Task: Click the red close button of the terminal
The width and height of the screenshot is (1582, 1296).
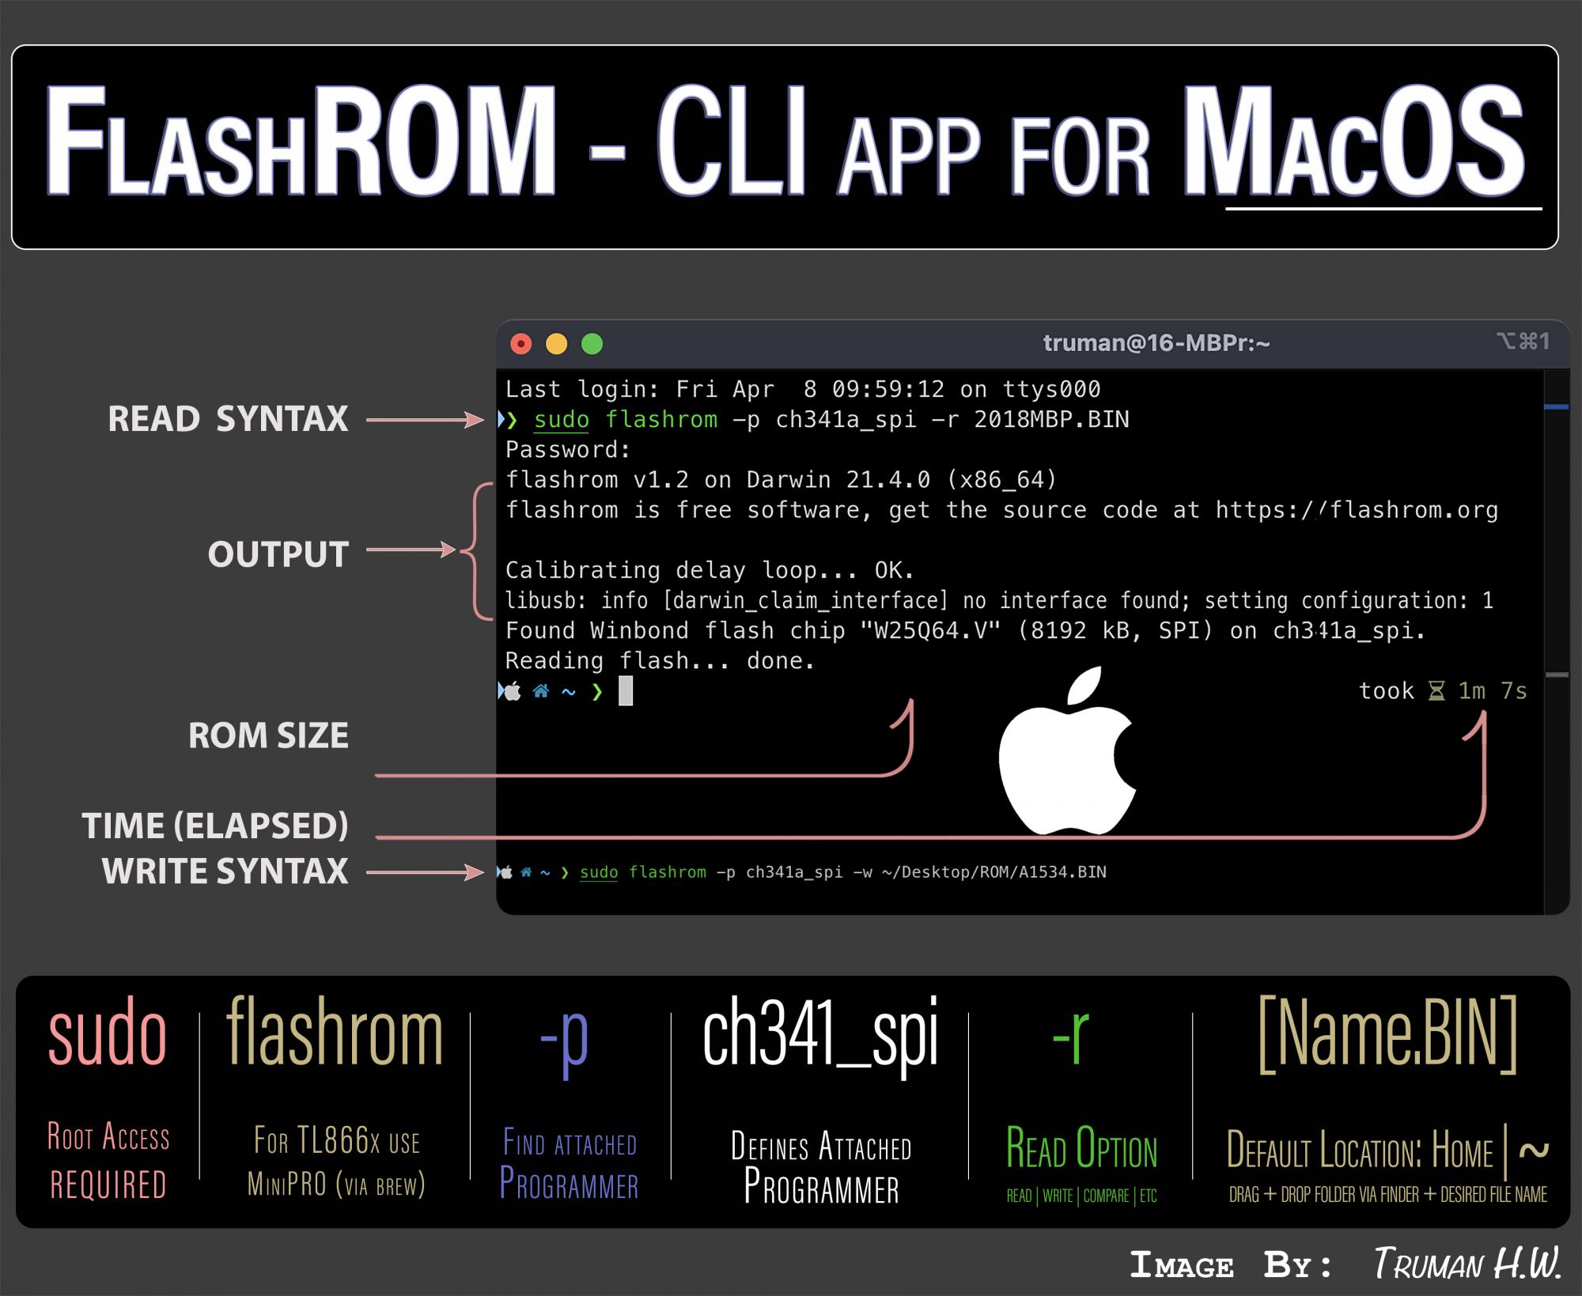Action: click(x=520, y=344)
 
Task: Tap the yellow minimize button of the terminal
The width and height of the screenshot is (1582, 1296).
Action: click(x=557, y=344)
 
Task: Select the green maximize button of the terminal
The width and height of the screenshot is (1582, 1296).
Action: click(x=592, y=344)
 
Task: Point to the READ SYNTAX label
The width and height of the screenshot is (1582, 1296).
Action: click(x=228, y=419)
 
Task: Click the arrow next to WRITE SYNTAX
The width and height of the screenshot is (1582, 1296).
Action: click(x=425, y=872)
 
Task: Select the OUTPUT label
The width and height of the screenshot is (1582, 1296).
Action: click(x=278, y=554)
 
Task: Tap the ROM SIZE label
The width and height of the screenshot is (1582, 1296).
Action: click(x=268, y=735)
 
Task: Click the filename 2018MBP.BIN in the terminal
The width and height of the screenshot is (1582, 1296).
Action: click(x=1051, y=419)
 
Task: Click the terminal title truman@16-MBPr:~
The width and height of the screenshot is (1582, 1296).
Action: click(x=1156, y=343)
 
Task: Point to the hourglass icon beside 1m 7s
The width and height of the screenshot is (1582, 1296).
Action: click(x=1436, y=691)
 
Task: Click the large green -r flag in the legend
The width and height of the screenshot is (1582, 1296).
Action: click(x=1071, y=1036)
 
